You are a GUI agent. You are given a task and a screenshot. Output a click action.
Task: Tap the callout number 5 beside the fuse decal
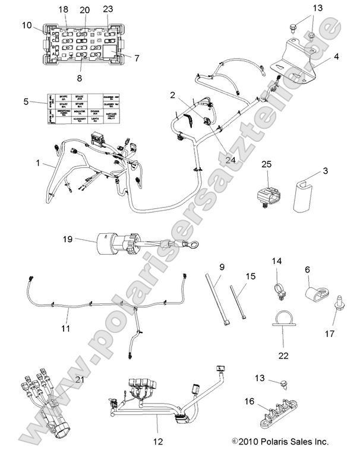pyautogui.click(x=26, y=102)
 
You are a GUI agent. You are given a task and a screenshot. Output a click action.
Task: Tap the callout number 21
pyautogui.click(x=79, y=380)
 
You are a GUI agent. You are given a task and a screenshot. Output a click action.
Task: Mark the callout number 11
pyautogui.click(x=66, y=328)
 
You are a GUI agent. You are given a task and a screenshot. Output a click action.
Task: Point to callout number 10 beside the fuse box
pyautogui.click(x=27, y=26)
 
